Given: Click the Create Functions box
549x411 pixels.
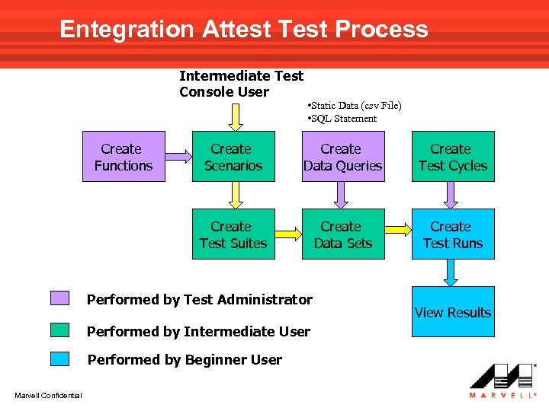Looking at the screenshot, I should tap(123, 158).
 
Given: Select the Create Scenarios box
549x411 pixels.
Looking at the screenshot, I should tap(233, 158).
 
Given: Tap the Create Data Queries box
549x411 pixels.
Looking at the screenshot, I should tap(342, 158).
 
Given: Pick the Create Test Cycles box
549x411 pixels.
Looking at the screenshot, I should tap(453, 158).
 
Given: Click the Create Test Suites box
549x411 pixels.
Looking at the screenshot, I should tap(233, 234).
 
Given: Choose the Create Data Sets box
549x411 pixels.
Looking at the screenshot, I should tap(342, 234).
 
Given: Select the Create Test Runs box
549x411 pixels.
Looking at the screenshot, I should tap(453, 234).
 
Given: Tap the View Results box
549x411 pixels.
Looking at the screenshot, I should tap(453, 312).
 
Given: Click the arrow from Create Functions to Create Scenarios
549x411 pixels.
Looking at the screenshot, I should tap(178, 156).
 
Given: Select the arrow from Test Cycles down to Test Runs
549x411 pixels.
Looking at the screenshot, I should tap(452, 196).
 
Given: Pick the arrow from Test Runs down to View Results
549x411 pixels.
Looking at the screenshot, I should tap(452, 272).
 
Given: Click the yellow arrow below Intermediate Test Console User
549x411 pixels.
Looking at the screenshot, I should tap(236, 116).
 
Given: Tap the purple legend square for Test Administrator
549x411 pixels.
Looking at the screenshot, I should tap(60, 298).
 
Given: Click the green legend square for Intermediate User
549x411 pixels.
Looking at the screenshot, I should tap(60, 330).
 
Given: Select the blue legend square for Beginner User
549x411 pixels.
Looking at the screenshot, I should tap(60, 358).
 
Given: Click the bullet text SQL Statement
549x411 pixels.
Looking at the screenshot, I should tap(344, 119).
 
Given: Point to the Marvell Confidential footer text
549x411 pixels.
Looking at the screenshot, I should tap(48, 394).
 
